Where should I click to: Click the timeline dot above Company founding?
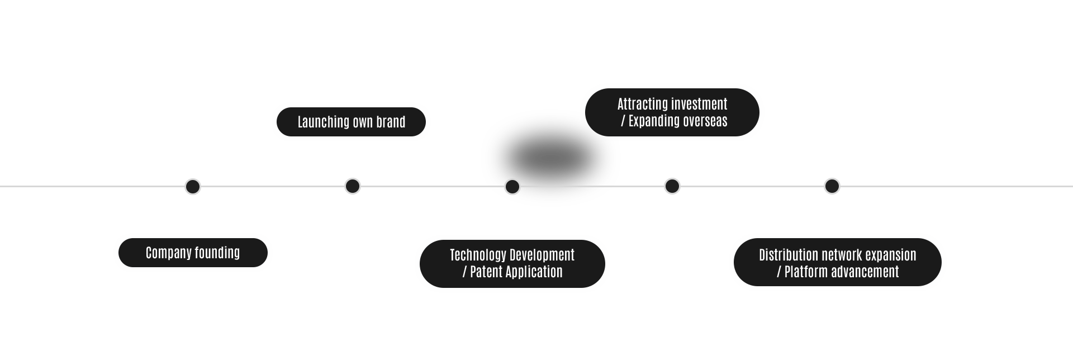[x=193, y=186]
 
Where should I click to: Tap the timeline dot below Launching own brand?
[x=353, y=186]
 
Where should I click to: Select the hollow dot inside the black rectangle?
[x=512, y=187]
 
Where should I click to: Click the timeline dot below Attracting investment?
[x=672, y=186]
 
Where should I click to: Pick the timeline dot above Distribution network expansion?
[x=832, y=186]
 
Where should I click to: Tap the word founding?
[x=217, y=253]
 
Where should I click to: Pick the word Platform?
[x=805, y=272]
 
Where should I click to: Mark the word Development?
[x=543, y=255]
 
